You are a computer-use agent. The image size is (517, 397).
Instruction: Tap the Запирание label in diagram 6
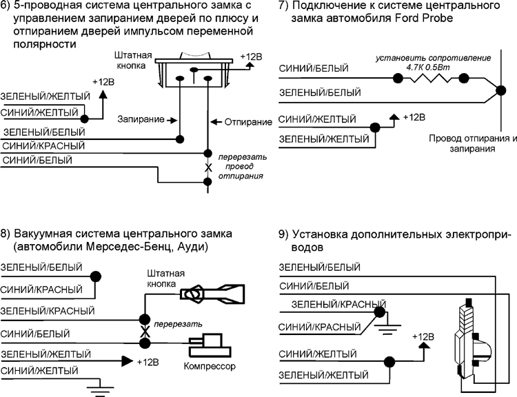[141, 119]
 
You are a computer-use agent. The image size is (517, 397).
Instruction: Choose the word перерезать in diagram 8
[179, 323]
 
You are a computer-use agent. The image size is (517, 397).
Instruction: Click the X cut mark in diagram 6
[207, 167]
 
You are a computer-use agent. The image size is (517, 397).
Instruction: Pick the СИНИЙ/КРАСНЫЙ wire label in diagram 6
[43, 147]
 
